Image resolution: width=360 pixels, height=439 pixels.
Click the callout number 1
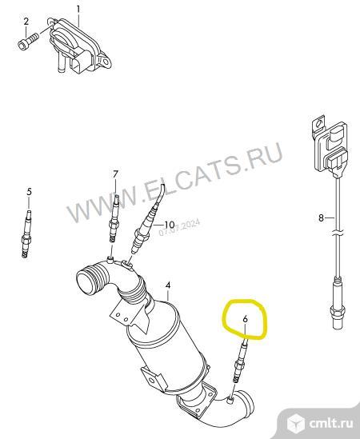point(78,10)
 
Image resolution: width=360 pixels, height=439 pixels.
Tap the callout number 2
point(26,21)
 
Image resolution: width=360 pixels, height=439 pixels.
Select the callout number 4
point(168,285)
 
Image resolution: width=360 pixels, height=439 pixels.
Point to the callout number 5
point(29,192)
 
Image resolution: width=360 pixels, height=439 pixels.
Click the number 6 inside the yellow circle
point(245,318)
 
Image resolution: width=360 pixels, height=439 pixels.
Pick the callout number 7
point(116,174)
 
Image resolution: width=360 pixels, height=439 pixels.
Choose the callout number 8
point(321,218)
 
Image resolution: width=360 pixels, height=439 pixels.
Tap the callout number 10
point(170,225)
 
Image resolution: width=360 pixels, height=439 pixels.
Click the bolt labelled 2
point(28,41)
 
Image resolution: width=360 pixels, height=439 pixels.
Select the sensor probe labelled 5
point(27,233)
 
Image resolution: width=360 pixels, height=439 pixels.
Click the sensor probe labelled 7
point(114,218)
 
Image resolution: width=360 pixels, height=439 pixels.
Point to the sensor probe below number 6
point(239,360)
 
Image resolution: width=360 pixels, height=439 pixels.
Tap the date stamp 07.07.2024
point(179,228)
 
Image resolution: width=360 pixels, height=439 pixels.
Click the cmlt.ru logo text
point(331,424)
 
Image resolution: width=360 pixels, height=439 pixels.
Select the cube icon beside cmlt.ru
point(296,423)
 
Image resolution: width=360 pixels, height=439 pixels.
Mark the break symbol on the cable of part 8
point(338,233)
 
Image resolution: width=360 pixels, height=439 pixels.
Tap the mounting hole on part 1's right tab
point(106,62)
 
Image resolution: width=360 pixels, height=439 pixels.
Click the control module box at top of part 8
point(330,146)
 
